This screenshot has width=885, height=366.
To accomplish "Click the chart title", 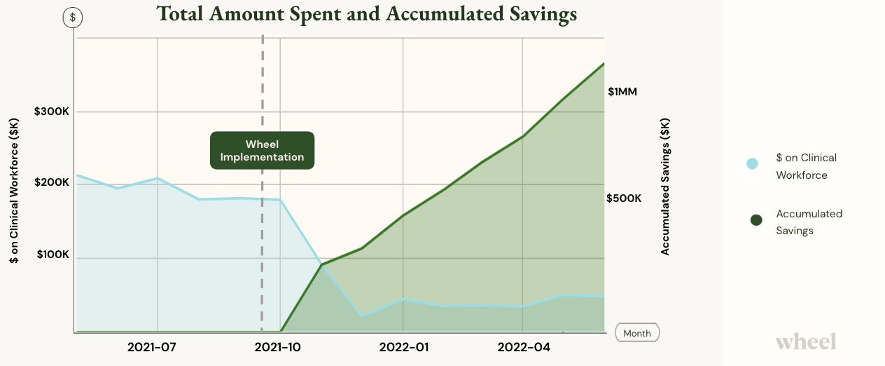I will click(366, 14).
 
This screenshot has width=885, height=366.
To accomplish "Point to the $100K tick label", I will click(53, 255).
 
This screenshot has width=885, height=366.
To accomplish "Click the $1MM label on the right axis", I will click(622, 92).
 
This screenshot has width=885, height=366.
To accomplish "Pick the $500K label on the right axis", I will click(623, 198).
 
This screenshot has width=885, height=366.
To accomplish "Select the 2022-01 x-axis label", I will click(403, 347).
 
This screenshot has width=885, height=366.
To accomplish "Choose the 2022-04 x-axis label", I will click(524, 347).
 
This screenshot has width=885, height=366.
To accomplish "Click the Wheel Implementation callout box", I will click(263, 150).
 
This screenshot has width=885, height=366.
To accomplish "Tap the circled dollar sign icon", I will click(72, 18).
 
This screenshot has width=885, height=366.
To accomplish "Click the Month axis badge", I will click(637, 333).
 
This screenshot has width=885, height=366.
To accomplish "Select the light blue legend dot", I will click(753, 164).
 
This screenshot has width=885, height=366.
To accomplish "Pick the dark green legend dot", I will click(756, 220).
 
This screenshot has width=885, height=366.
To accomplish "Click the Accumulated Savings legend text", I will click(809, 222).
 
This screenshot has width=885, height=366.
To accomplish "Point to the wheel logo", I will click(805, 341).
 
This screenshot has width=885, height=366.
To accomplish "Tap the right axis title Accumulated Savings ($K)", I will click(665, 186).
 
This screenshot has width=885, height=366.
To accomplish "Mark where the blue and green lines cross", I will click(321, 264).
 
